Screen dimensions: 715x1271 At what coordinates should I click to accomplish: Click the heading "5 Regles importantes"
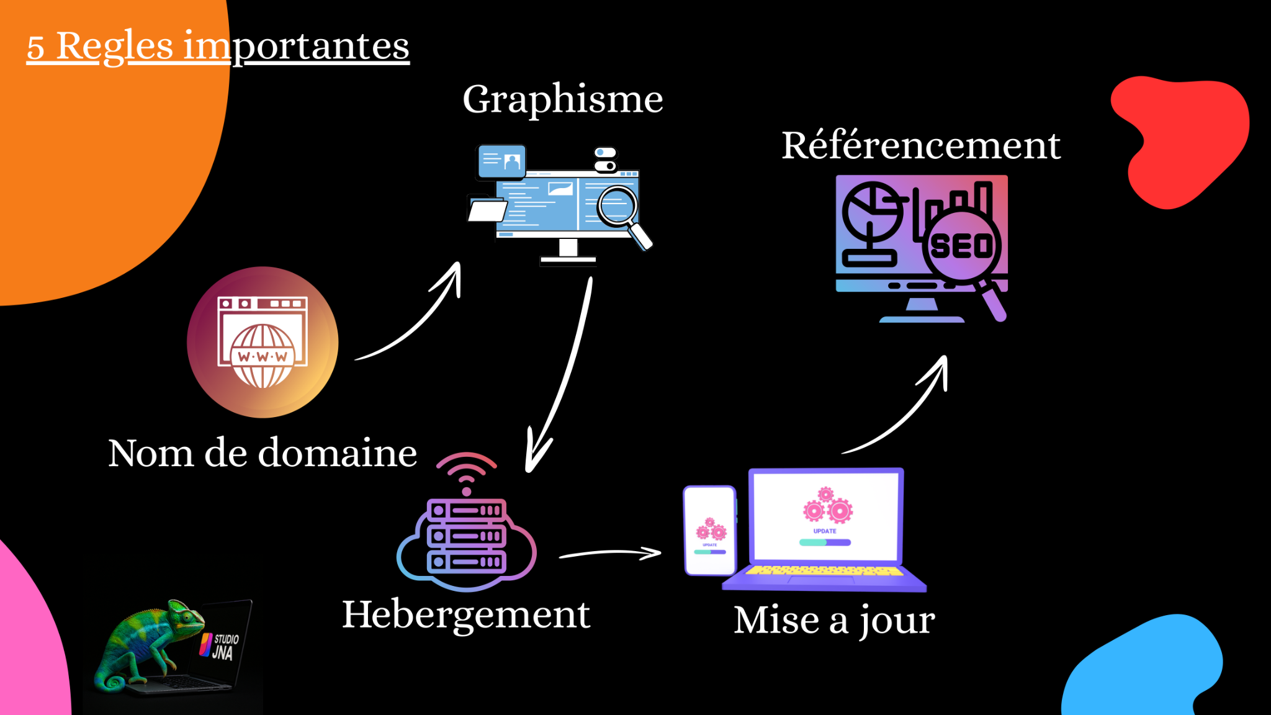pyautogui.click(x=217, y=46)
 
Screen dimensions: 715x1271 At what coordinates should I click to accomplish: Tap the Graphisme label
pyautogui.click(x=562, y=99)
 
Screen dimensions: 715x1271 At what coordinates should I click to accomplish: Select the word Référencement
pyautogui.click(x=920, y=146)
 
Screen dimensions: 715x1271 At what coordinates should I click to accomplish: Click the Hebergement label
pyautogui.click(x=465, y=614)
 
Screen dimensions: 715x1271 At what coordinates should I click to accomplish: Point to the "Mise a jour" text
pyautogui.click(x=833, y=620)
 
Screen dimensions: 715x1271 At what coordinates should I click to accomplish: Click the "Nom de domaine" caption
pyautogui.click(x=262, y=453)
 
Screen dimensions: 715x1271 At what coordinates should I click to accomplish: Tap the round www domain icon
pyautogui.click(x=263, y=342)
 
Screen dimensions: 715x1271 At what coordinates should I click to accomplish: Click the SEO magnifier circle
pyautogui.click(x=961, y=246)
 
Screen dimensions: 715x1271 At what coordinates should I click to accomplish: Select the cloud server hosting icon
pyautogui.click(x=467, y=537)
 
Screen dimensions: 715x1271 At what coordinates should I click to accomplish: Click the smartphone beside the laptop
pyautogui.click(x=709, y=531)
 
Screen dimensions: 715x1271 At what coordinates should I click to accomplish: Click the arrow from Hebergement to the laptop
pyautogui.click(x=611, y=552)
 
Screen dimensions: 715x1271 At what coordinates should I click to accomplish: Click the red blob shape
pyautogui.click(x=1179, y=140)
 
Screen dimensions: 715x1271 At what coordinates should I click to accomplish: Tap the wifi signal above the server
pyautogui.click(x=466, y=472)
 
